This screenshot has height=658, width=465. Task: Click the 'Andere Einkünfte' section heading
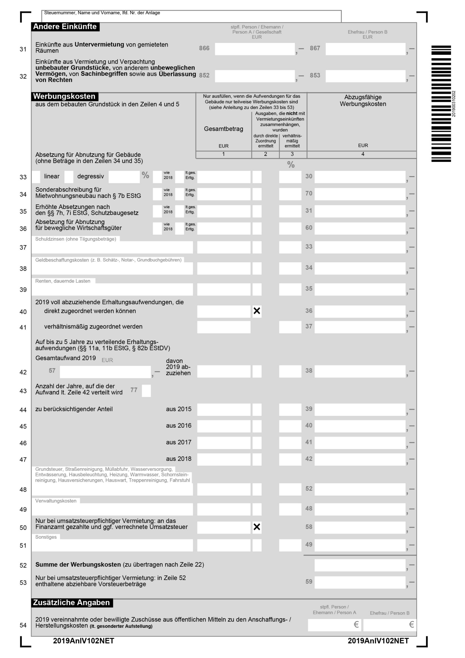65,27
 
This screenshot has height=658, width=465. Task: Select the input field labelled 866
254,49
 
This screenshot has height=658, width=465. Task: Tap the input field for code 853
365,76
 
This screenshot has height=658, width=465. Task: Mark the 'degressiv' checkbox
69,177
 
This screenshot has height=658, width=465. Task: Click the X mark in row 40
257,311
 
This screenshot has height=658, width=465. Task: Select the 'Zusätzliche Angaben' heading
72,603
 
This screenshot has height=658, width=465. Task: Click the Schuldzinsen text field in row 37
112,248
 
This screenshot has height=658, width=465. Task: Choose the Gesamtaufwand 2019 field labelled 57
105,372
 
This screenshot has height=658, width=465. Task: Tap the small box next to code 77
146,391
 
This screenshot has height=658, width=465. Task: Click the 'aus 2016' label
179,426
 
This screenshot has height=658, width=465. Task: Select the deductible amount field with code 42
360,459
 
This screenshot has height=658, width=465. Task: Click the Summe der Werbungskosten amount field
360,565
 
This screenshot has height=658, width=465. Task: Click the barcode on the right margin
441,104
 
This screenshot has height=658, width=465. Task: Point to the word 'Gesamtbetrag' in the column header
224,129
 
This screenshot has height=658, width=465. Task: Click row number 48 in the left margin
23,490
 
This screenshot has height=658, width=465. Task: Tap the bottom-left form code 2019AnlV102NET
84,641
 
